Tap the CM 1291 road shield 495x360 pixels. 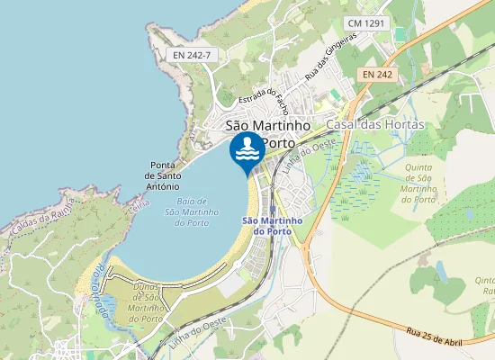click(365, 22)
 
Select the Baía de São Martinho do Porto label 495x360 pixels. click(193, 211)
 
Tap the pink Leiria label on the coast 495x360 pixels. click(138, 205)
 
